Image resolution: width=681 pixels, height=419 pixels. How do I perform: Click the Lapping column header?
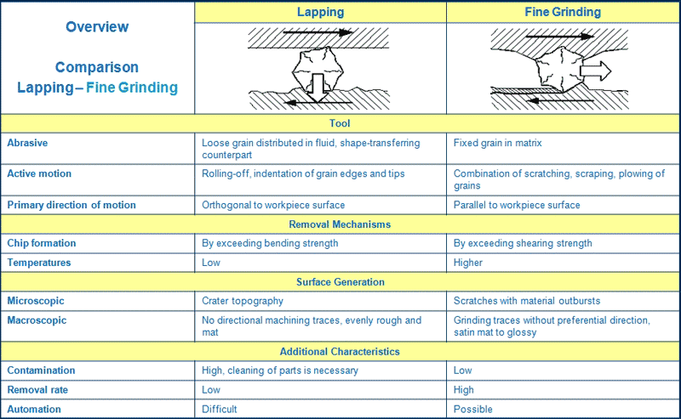click(x=321, y=12)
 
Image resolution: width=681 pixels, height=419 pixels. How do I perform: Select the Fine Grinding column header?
click(x=563, y=12)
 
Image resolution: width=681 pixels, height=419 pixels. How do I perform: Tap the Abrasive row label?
click(x=27, y=143)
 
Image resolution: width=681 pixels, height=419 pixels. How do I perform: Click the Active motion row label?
click(x=39, y=173)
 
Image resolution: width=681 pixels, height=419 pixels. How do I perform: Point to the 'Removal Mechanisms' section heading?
click(x=340, y=224)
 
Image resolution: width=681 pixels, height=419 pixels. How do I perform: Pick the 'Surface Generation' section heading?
click(x=340, y=282)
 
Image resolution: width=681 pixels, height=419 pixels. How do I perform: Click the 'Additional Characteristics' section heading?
click(x=340, y=351)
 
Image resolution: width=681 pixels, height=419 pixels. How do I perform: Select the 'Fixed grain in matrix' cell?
click(x=497, y=143)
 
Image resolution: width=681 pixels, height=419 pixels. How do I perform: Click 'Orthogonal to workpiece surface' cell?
click(x=273, y=205)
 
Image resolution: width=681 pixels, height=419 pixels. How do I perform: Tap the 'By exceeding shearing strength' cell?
click(x=523, y=243)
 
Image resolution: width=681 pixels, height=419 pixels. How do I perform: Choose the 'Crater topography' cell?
click(x=243, y=301)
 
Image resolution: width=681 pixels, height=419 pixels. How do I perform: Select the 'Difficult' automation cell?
click(x=220, y=409)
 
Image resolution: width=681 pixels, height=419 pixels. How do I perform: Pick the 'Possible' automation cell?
click(x=473, y=409)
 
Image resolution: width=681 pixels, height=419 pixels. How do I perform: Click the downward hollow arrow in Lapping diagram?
click(x=318, y=88)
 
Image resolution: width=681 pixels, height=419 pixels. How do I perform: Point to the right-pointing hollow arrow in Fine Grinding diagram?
click(x=596, y=71)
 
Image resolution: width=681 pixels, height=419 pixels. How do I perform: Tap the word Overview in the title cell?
click(x=97, y=27)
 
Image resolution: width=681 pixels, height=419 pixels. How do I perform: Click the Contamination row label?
click(x=41, y=370)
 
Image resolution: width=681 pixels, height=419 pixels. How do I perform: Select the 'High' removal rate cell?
click(x=463, y=389)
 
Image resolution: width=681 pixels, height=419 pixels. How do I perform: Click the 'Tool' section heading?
click(x=340, y=123)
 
